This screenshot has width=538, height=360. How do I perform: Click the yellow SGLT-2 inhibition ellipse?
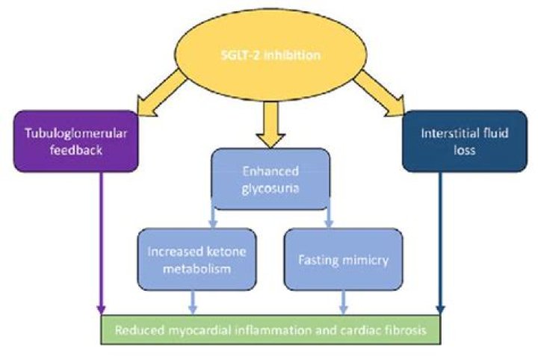pyautogui.click(x=269, y=57)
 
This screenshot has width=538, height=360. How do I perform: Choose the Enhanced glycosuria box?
pyautogui.click(x=270, y=179)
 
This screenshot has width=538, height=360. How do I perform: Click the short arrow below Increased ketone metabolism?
pyautogui.click(x=194, y=301)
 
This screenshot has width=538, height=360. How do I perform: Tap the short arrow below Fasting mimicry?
pyautogui.click(x=343, y=301)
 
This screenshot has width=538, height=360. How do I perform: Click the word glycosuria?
pyautogui.click(x=270, y=188)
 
